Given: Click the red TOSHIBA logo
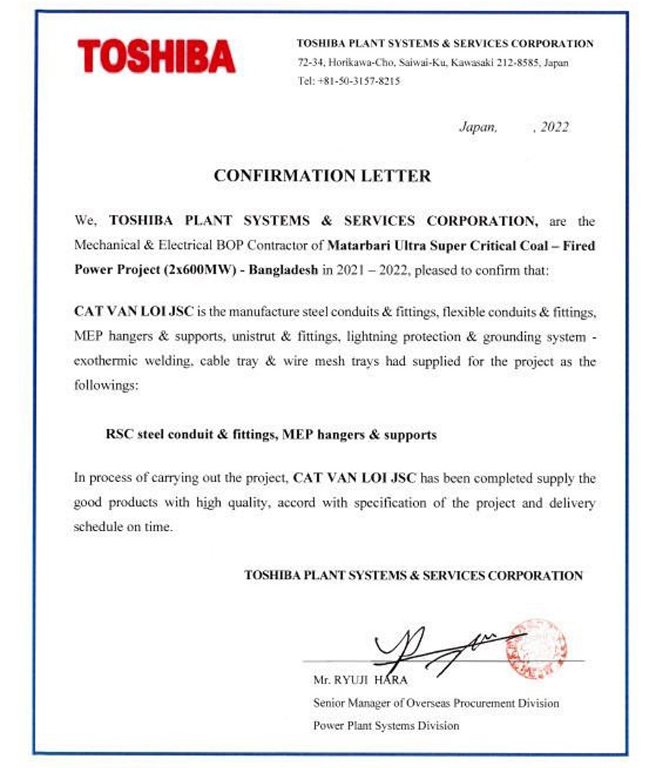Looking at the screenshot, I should pos(156,56).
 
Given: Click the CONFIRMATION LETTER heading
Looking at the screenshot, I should pos(322,175).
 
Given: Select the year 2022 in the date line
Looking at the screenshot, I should pos(555,128).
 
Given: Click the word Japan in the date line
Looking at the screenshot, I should pos(477,128).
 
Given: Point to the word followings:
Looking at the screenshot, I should pos(105,385).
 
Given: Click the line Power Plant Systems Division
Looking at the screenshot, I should pos(386,725).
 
